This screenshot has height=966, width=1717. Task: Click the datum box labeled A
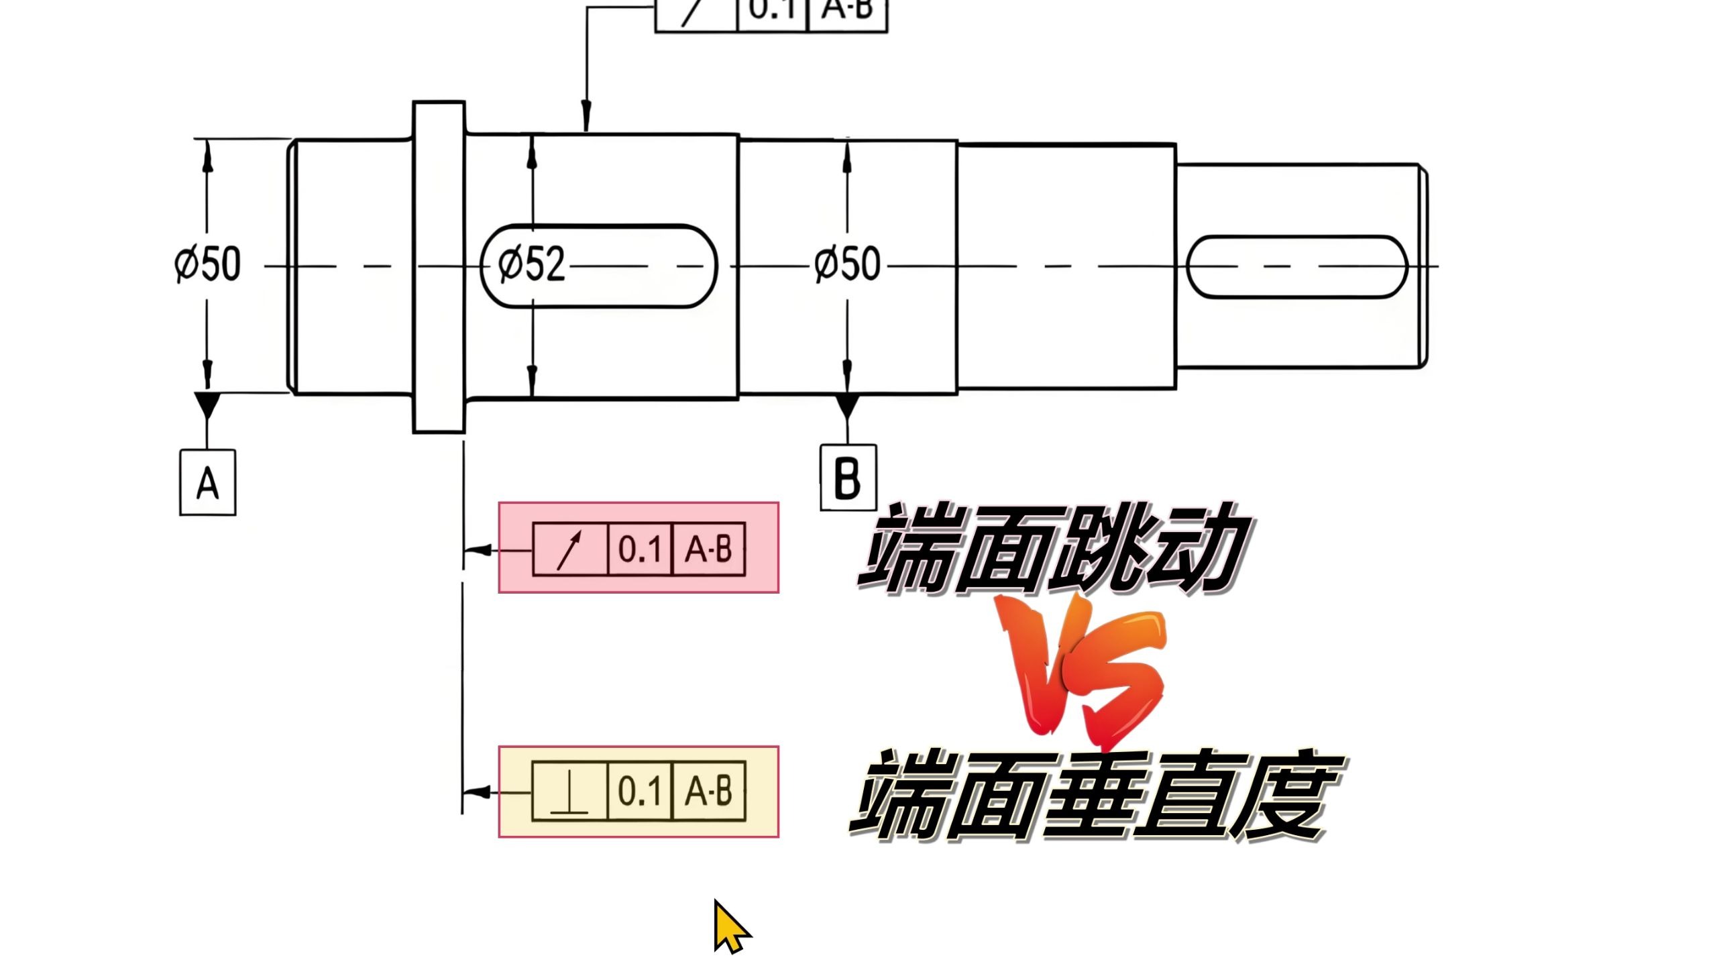(208, 482)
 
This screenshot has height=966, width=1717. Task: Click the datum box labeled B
(848, 477)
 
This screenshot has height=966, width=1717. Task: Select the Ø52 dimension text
(532, 263)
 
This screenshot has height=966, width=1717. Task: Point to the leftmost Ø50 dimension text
(207, 263)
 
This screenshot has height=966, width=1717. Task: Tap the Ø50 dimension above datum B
(848, 263)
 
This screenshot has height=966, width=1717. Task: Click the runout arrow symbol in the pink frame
(569, 550)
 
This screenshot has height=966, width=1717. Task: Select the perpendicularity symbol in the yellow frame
(569, 792)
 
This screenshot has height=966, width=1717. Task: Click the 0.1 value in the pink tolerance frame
(640, 549)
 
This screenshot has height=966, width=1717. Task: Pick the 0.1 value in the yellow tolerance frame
(640, 791)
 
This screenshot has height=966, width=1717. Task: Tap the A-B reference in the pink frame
(708, 549)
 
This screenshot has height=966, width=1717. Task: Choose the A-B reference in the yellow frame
(708, 791)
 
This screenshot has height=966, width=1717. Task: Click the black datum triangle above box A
(207, 405)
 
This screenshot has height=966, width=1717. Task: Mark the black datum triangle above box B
(847, 407)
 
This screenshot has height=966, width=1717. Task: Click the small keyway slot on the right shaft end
(1296, 266)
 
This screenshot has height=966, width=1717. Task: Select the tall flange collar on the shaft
(439, 267)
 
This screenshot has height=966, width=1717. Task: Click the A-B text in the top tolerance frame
(847, 9)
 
